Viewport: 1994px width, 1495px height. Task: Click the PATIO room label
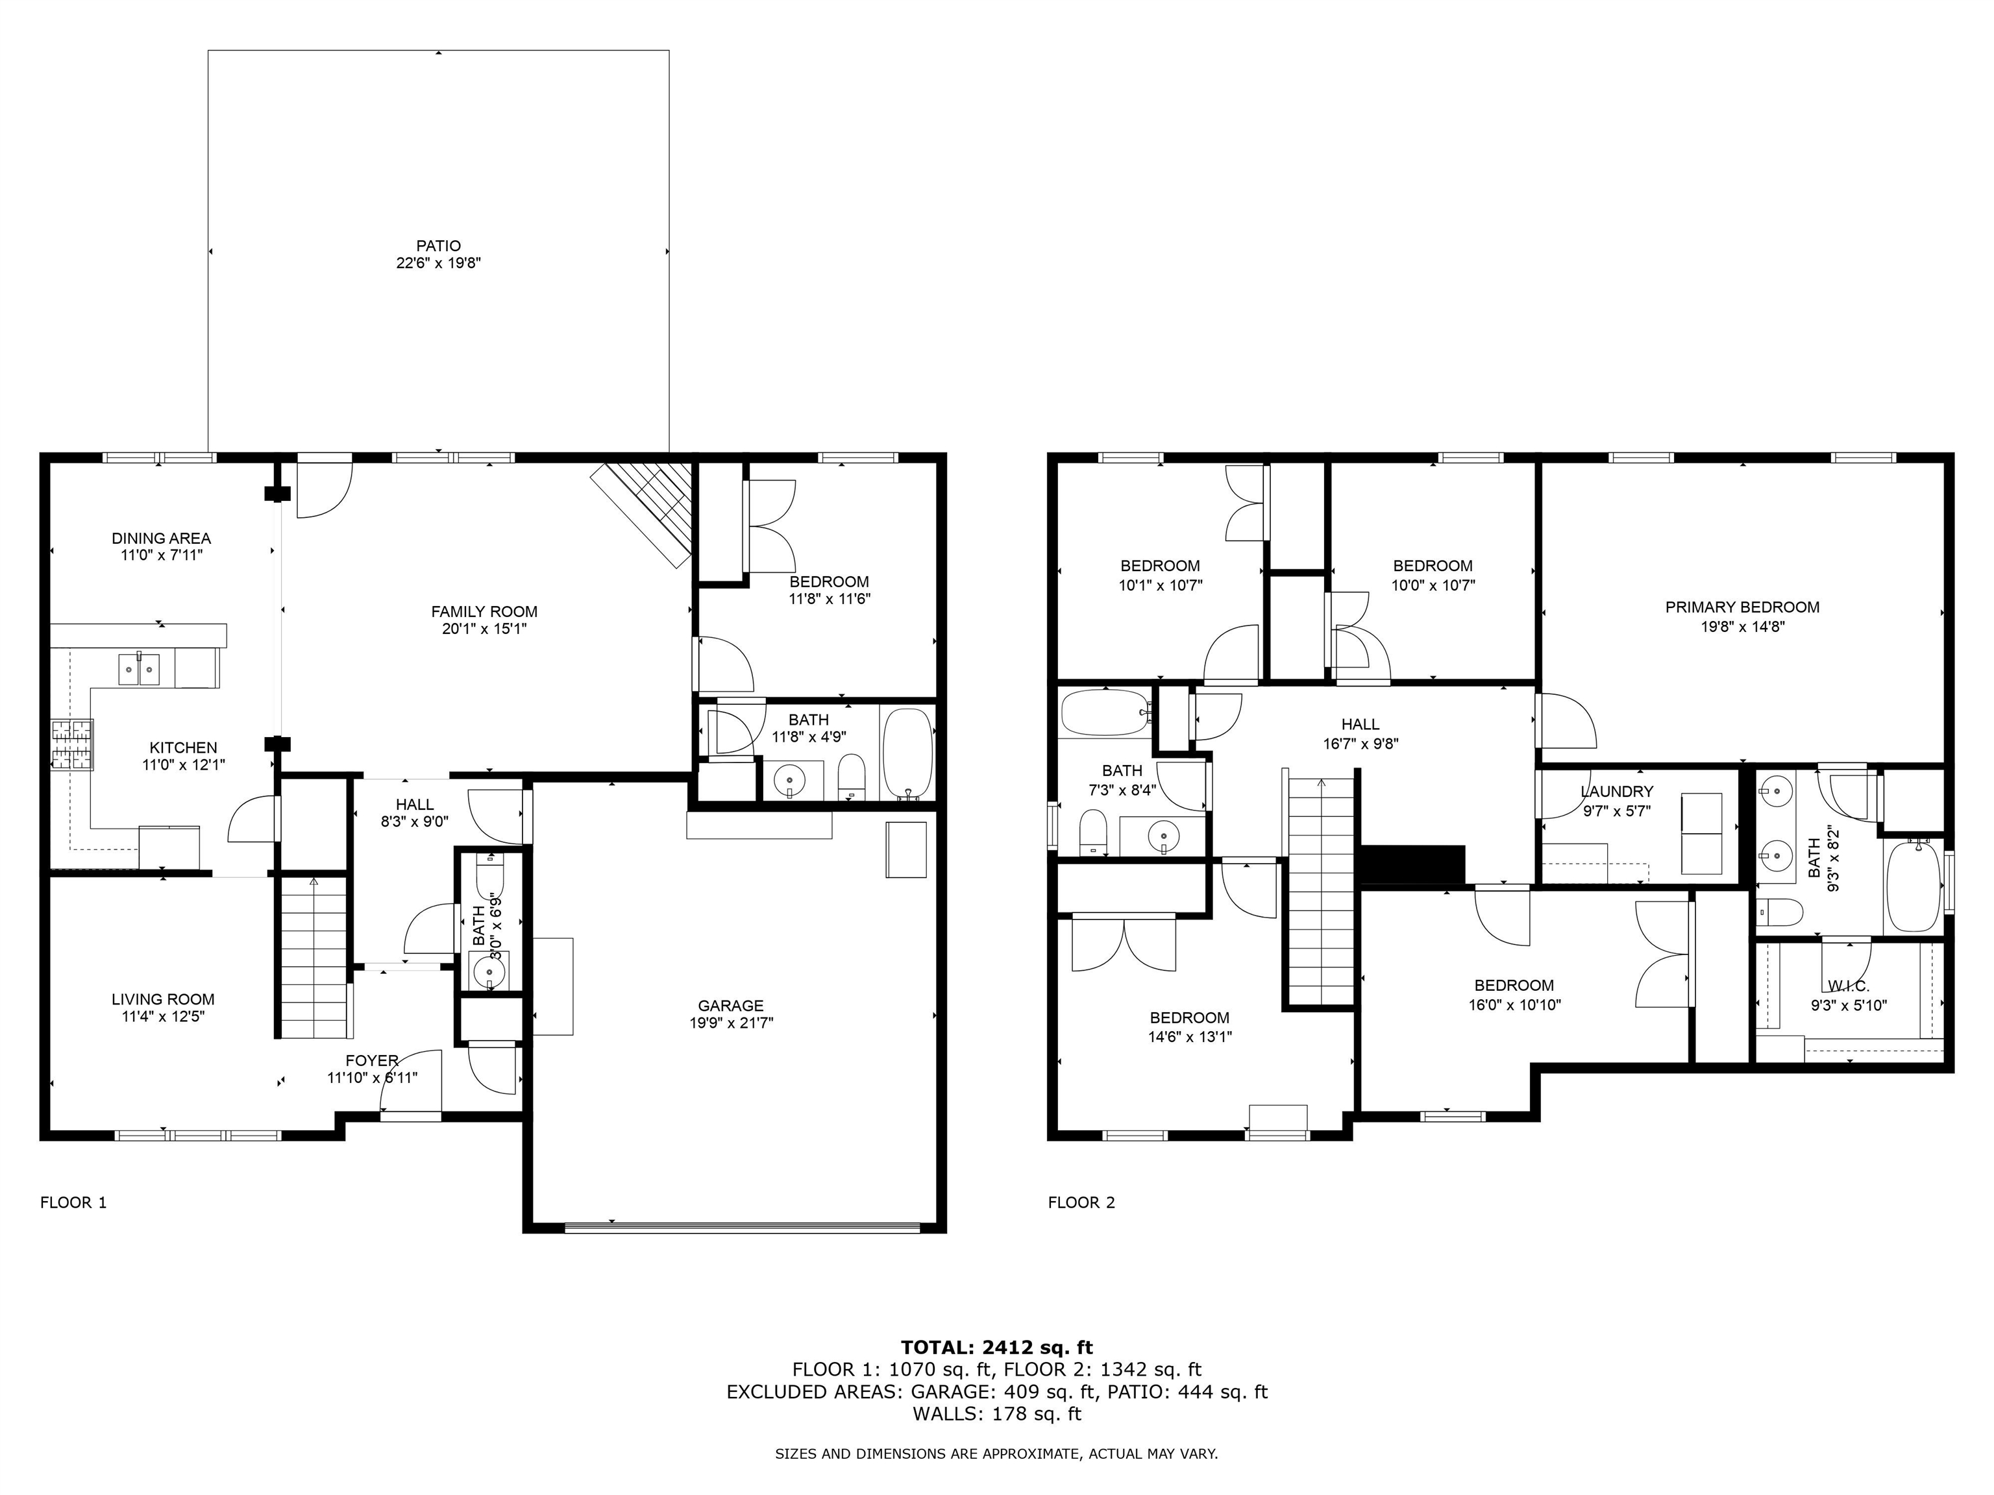[x=438, y=245]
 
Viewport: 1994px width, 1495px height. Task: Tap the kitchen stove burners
[x=72, y=744]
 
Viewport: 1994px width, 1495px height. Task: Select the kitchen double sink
[x=139, y=670]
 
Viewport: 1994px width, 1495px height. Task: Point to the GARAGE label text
[x=730, y=1006]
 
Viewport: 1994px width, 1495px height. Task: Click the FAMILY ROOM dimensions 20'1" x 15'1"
[x=484, y=629]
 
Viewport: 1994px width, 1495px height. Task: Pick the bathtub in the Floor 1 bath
[x=908, y=753]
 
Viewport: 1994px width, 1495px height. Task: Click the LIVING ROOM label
[x=163, y=999]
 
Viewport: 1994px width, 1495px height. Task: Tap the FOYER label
[x=371, y=1061]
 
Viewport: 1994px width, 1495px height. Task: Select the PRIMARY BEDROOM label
[x=1742, y=607]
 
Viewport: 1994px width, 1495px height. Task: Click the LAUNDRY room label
[x=1617, y=791]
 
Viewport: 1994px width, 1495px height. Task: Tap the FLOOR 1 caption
[x=74, y=1202]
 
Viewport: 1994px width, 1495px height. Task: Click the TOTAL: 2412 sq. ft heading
[x=997, y=1347]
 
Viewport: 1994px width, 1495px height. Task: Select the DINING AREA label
[x=162, y=538]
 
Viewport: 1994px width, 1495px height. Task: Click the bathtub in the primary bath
[x=1912, y=885]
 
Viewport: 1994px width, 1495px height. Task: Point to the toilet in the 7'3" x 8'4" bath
[x=1092, y=831]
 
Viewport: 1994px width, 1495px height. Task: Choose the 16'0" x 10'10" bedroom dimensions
[x=1514, y=1004]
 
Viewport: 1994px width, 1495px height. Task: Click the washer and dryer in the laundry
[x=1702, y=834]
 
